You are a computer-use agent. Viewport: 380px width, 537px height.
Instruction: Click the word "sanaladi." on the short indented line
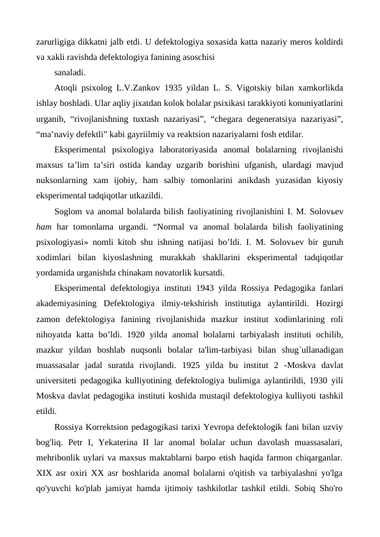pyautogui.click(x=71, y=73)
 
